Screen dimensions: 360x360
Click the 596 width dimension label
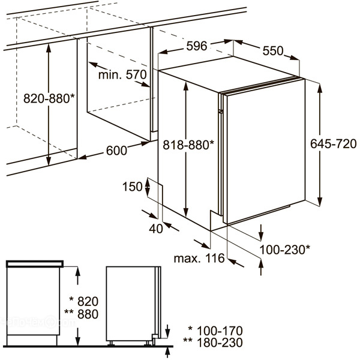point(197,46)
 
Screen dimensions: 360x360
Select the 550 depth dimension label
point(273,51)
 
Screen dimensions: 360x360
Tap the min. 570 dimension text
point(122,74)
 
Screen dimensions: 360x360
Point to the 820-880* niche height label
point(49,98)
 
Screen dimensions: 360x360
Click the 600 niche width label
point(116,151)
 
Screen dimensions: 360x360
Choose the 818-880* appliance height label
point(188,145)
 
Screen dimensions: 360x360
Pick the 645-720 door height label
point(334,144)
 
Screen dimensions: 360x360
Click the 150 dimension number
point(133,187)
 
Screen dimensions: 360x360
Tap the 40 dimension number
point(156,229)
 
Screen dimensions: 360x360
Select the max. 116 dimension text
point(199,258)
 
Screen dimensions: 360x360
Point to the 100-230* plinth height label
point(284,250)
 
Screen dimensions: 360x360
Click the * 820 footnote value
point(84,301)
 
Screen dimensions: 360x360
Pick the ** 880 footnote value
point(81,314)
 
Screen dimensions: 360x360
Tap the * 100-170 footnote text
point(215,331)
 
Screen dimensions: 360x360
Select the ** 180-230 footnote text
point(213,343)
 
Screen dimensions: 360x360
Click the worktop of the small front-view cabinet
point(35,264)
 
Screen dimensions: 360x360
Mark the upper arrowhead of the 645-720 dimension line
point(319,88)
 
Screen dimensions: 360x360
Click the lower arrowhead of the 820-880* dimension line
point(49,160)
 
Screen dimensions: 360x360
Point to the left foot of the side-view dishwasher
point(112,343)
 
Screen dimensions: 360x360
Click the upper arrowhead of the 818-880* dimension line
point(186,86)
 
